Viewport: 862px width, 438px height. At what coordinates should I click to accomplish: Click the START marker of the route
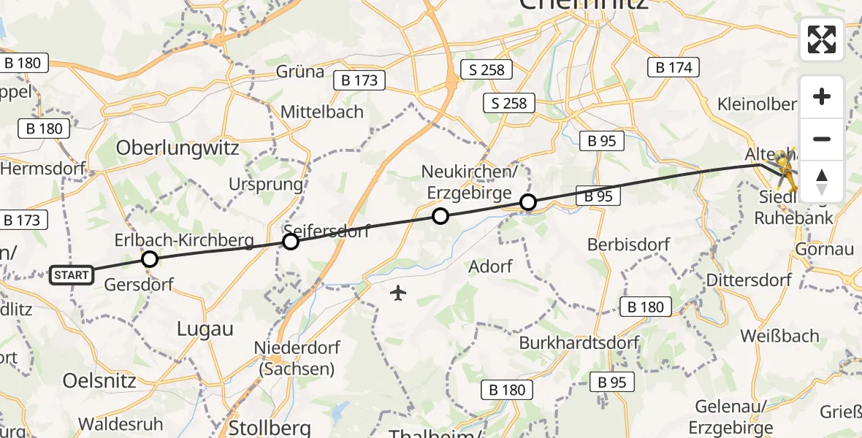pyautogui.click(x=72, y=275)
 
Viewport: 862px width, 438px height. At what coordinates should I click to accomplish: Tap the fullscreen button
pyautogui.click(x=822, y=39)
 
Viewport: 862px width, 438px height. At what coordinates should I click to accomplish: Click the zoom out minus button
pyautogui.click(x=822, y=139)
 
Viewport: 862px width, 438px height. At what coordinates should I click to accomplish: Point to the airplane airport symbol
pyautogui.click(x=398, y=293)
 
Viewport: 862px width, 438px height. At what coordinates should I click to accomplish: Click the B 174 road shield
pyautogui.click(x=674, y=68)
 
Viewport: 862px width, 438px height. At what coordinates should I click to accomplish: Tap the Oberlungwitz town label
pyautogui.click(x=178, y=148)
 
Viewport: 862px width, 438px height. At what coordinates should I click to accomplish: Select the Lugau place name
pyautogui.click(x=205, y=329)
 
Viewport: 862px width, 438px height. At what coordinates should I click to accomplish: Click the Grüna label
pyautogui.click(x=300, y=72)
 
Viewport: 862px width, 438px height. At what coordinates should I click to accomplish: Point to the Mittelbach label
pyautogui.click(x=322, y=112)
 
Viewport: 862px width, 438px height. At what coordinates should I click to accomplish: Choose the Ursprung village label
pyautogui.click(x=265, y=184)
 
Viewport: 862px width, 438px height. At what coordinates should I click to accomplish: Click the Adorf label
pyautogui.click(x=490, y=266)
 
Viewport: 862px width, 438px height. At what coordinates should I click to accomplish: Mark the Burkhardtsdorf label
pyautogui.click(x=579, y=342)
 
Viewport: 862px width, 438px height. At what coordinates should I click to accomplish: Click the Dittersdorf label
pyautogui.click(x=750, y=280)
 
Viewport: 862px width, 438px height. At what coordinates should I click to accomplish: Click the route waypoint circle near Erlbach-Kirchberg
pyautogui.click(x=150, y=259)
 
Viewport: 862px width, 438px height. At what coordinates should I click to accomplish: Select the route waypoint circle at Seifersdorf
pyautogui.click(x=291, y=242)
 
